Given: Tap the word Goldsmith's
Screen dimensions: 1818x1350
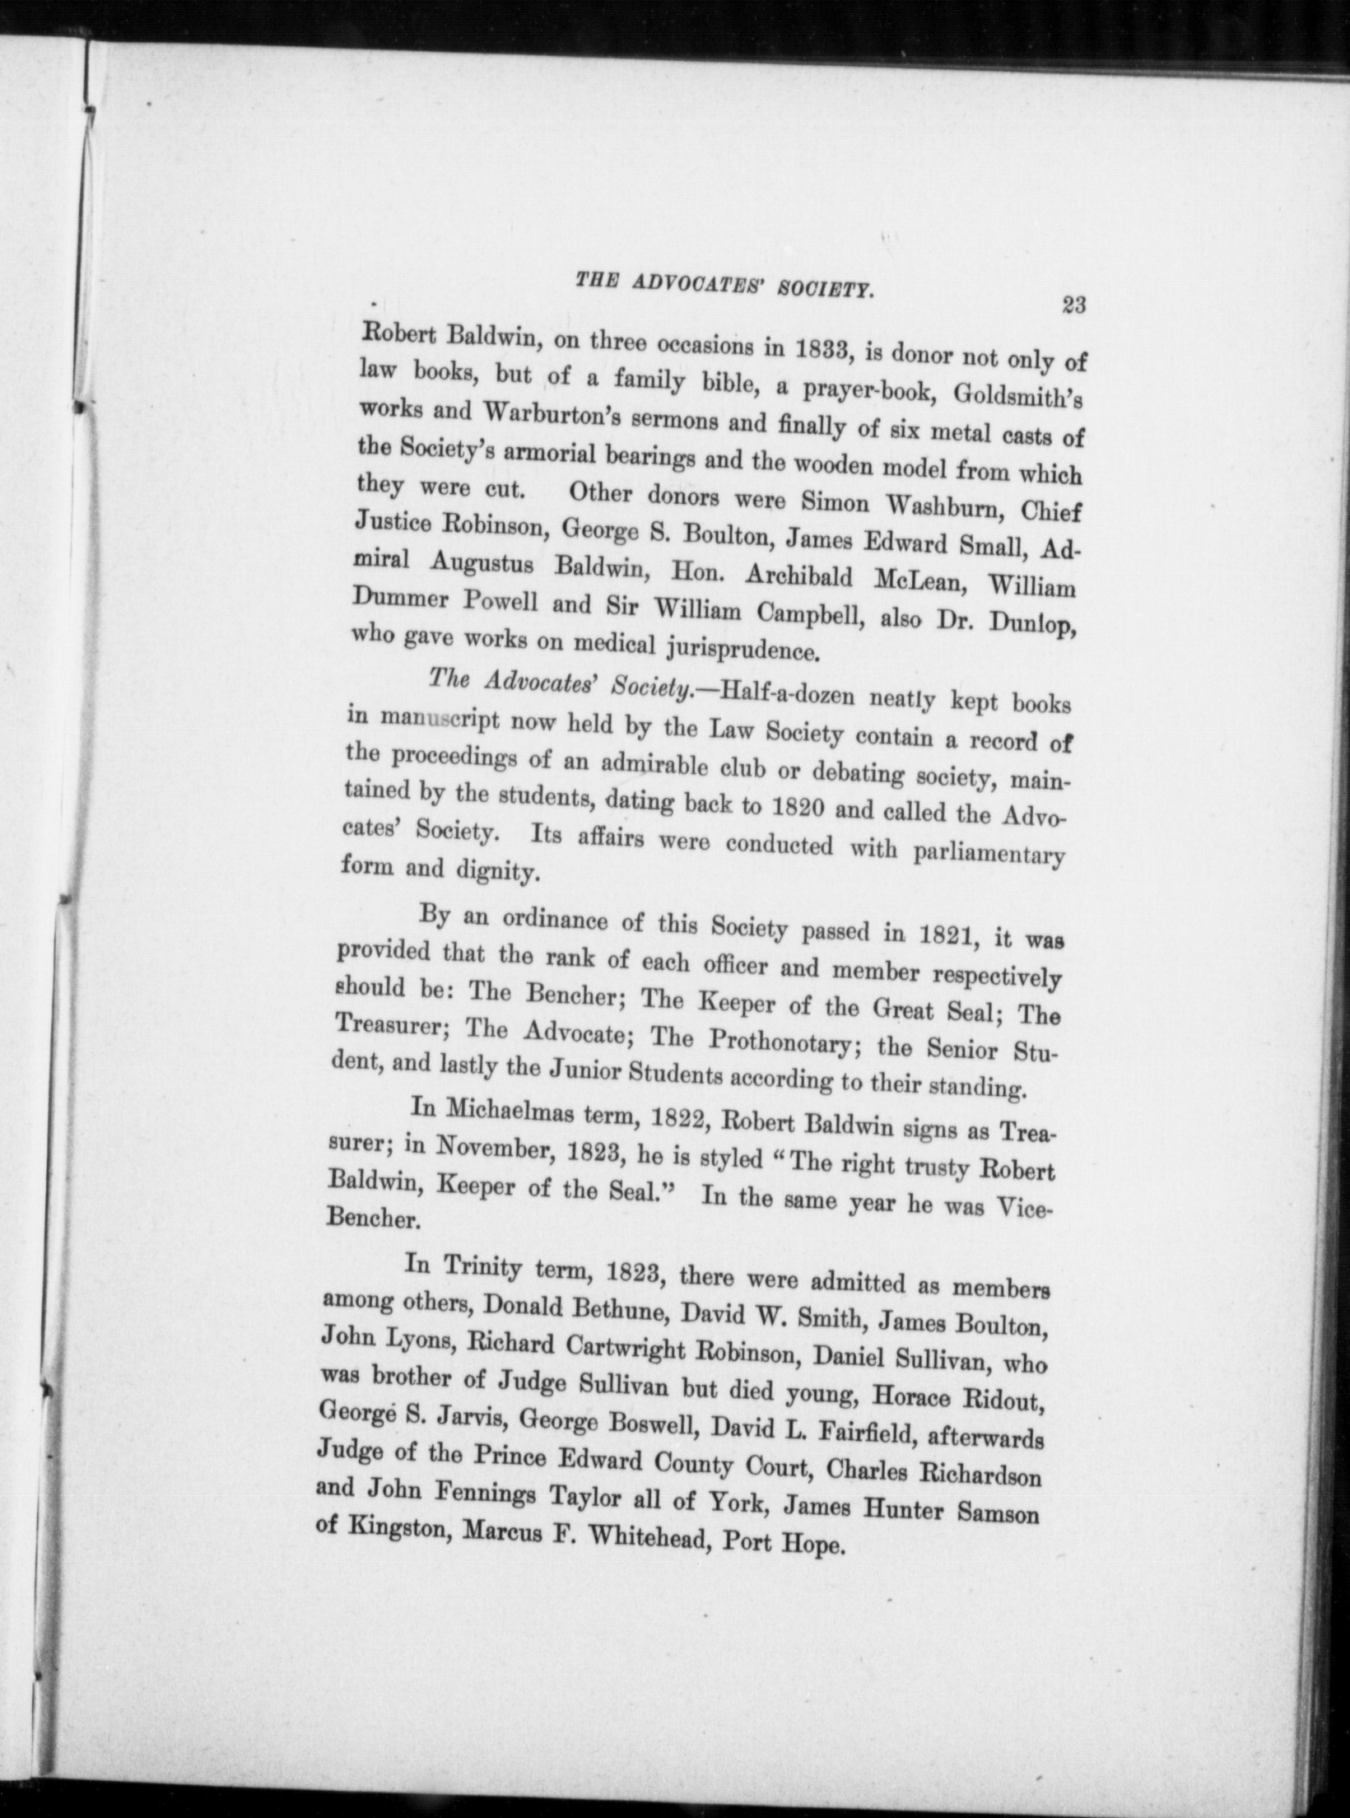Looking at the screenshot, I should pyautogui.click(x=1019, y=397).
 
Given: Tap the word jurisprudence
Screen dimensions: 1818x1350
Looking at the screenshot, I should pyautogui.click(x=738, y=650).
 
